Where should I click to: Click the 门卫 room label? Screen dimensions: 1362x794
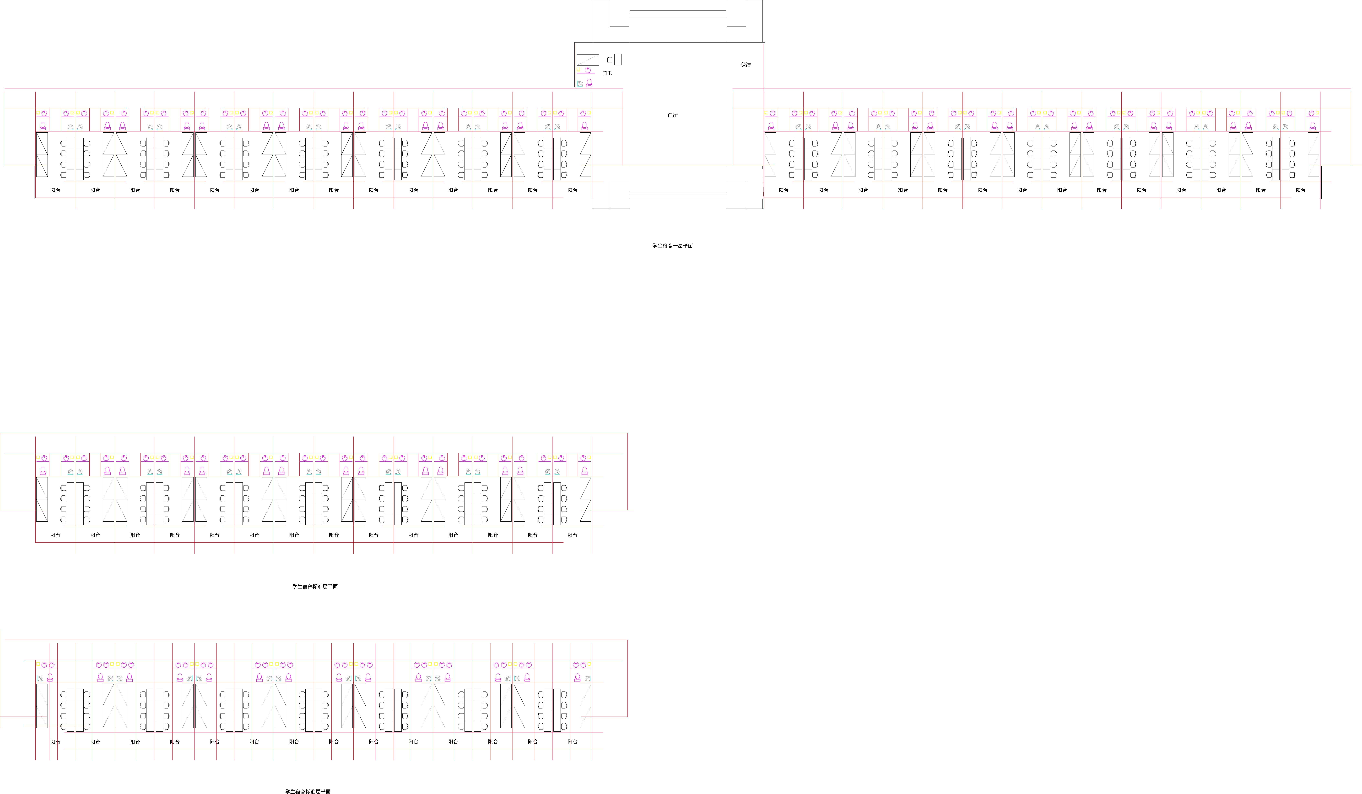click(607, 73)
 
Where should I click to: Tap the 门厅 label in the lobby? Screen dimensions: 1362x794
click(672, 115)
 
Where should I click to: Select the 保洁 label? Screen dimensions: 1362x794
click(745, 64)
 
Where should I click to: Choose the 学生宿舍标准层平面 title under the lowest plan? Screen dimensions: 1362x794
click(308, 791)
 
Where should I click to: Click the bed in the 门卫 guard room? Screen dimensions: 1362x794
click(588, 60)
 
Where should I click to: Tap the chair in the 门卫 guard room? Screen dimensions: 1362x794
click(610, 60)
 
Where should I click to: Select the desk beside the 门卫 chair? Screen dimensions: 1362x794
click(618, 59)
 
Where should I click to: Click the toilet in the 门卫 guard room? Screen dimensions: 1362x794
click(589, 83)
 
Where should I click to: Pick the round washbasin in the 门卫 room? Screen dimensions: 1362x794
click(588, 70)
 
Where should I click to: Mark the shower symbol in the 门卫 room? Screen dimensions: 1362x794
click(580, 84)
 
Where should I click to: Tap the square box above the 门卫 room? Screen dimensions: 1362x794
click(619, 14)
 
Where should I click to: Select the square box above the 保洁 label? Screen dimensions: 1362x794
click(736, 14)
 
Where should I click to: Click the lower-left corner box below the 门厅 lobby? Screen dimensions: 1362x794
click(619, 195)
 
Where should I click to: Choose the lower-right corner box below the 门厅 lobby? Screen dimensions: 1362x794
click(736, 195)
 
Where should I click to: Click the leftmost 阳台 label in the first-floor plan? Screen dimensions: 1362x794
click(56, 190)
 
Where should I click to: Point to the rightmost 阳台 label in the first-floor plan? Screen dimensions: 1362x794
click(1300, 190)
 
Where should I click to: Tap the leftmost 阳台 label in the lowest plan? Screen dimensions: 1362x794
click(56, 742)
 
